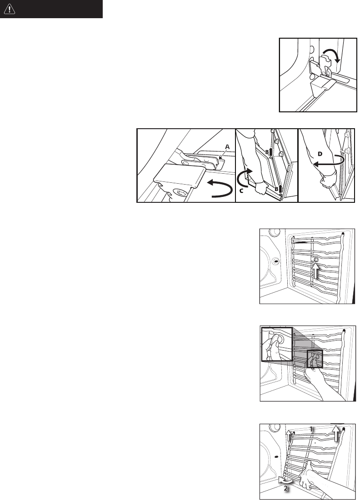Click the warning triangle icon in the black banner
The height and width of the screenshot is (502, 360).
[10, 9]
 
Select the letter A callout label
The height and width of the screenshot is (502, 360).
[228, 146]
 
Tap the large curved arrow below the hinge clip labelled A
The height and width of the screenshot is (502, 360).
[220, 190]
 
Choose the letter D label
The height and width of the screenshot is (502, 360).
[320, 154]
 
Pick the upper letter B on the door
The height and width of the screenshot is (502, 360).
[266, 152]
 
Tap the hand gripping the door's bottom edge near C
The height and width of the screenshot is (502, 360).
[261, 188]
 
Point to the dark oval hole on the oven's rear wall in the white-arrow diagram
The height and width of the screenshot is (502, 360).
[275, 261]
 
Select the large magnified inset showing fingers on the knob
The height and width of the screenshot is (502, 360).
[277, 344]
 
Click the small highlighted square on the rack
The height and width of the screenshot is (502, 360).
[315, 359]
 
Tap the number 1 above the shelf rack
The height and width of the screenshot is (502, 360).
[311, 429]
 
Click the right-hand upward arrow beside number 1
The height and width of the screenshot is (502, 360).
[335, 433]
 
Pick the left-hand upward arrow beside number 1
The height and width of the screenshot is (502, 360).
[289, 436]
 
